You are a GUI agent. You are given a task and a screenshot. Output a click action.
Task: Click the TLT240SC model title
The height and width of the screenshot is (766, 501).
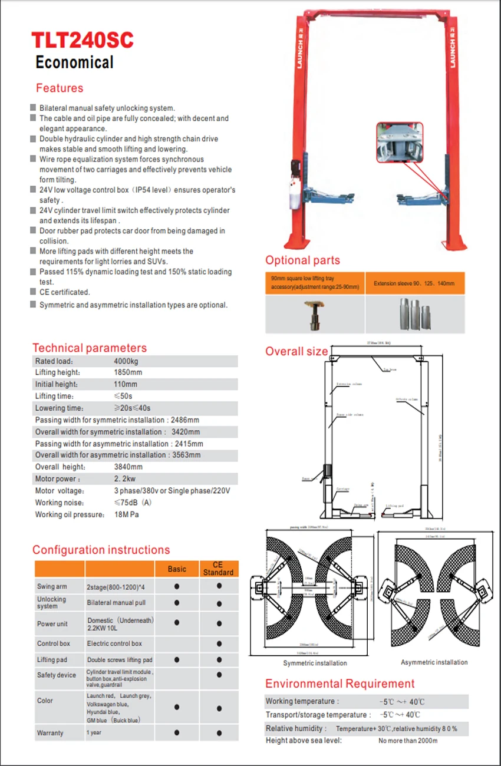click(x=83, y=40)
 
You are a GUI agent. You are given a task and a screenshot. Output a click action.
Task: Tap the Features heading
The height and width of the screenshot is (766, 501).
click(x=60, y=88)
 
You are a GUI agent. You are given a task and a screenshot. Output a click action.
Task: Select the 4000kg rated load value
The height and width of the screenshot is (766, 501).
click(x=126, y=361)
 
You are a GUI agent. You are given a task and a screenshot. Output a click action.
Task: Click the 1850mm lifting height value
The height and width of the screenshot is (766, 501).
click(x=128, y=372)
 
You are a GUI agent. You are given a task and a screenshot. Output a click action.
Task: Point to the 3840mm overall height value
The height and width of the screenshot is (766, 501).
click(x=128, y=467)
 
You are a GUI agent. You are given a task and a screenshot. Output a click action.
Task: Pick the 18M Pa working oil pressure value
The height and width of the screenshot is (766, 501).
click(x=126, y=514)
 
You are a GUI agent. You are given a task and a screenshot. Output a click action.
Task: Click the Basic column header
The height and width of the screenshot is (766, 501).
click(x=177, y=569)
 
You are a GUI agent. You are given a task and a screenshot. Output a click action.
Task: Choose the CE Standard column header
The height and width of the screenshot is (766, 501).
click(x=219, y=569)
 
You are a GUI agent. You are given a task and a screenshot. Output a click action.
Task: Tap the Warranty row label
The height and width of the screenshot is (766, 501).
click(x=50, y=733)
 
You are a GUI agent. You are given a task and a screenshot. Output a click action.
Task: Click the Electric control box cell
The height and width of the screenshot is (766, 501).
click(x=114, y=643)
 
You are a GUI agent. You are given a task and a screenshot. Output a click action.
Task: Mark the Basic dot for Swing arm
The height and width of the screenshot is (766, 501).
click(x=177, y=587)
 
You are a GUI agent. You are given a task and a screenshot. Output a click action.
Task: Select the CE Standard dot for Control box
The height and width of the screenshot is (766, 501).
click(x=219, y=644)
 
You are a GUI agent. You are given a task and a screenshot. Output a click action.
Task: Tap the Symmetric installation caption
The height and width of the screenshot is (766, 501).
click(x=315, y=663)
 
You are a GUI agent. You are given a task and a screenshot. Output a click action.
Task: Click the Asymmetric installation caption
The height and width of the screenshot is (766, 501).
click(x=434, y=662)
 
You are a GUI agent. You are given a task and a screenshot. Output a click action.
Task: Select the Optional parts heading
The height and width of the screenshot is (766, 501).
click(x=302, y=260)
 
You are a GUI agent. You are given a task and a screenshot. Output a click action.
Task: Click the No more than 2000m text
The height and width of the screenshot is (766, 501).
click(x=408, y=741)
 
